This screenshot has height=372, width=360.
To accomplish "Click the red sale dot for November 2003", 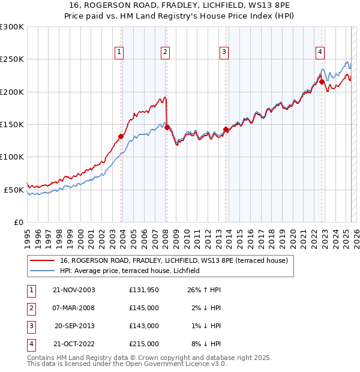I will tap(121, 136).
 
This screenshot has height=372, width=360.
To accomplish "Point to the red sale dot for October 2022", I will tap(322, 82).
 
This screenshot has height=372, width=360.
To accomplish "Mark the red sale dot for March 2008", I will tap(167, 127).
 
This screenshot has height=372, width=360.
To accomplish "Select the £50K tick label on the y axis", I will tap(14, 190).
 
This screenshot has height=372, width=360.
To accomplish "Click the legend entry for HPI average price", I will tap(133, 271).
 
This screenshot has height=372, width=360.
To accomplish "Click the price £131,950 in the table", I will tap(143, 290).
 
